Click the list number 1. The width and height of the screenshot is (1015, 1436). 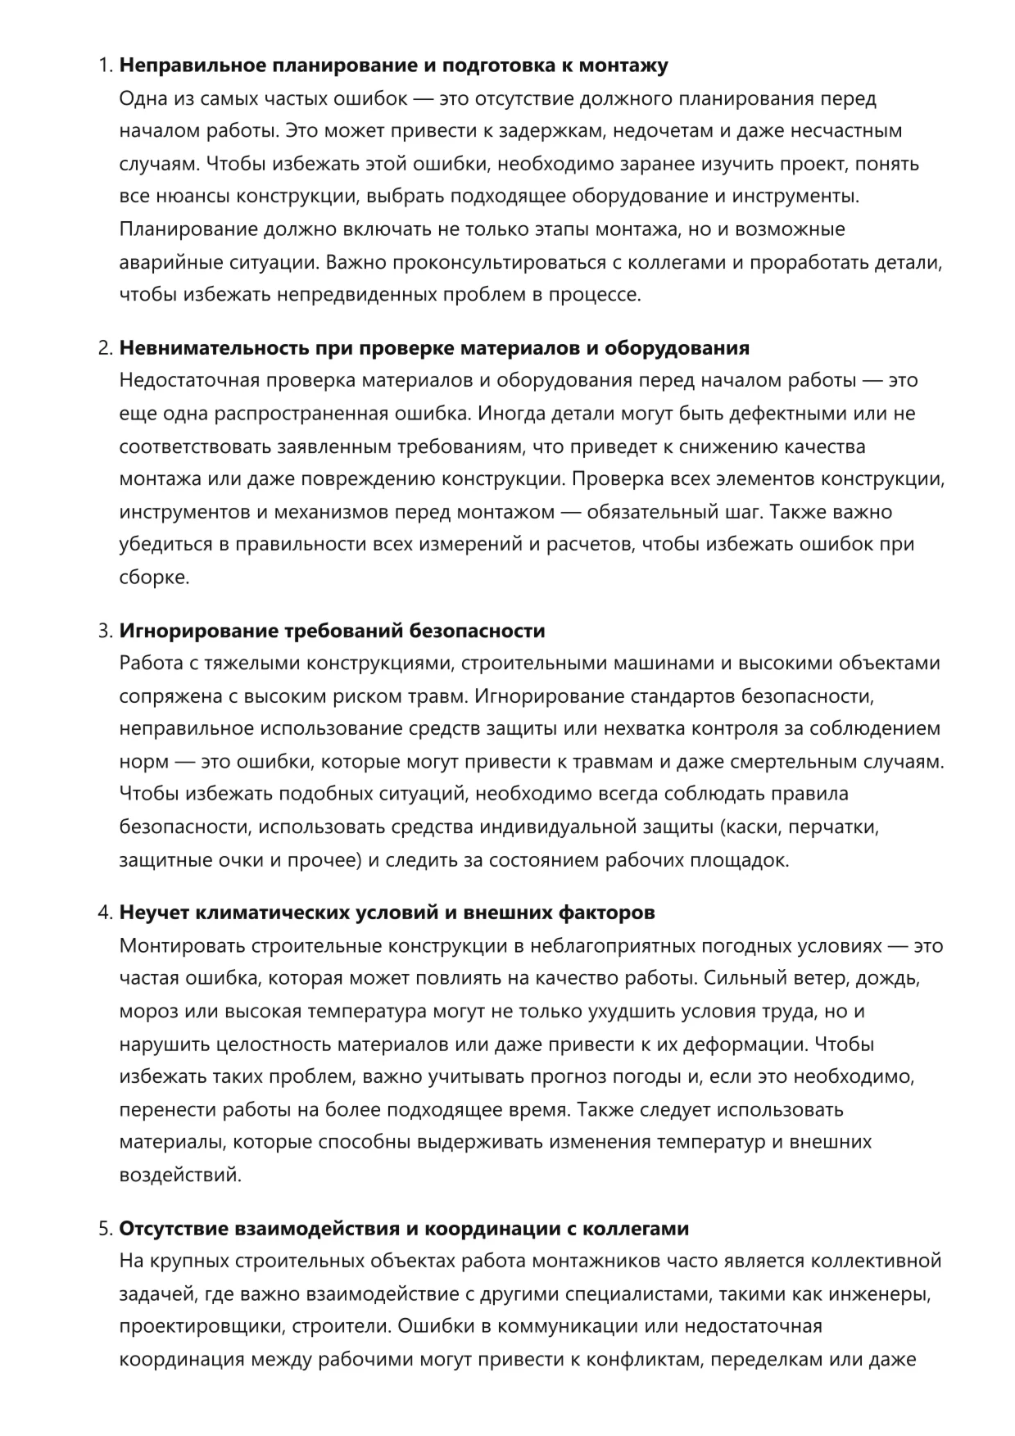click(x=104, y=66)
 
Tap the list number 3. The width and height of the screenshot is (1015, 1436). click(x=104, y=631)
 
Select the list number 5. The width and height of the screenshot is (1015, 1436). click(x=104, y=1229)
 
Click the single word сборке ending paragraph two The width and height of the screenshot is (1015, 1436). click(x=154, y=578)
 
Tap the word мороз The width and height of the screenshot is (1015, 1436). click(x=147, y=1012)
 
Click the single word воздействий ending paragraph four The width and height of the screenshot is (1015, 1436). click(x=180, y=1176)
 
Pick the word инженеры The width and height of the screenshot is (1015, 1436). click(x=888, y=1294)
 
